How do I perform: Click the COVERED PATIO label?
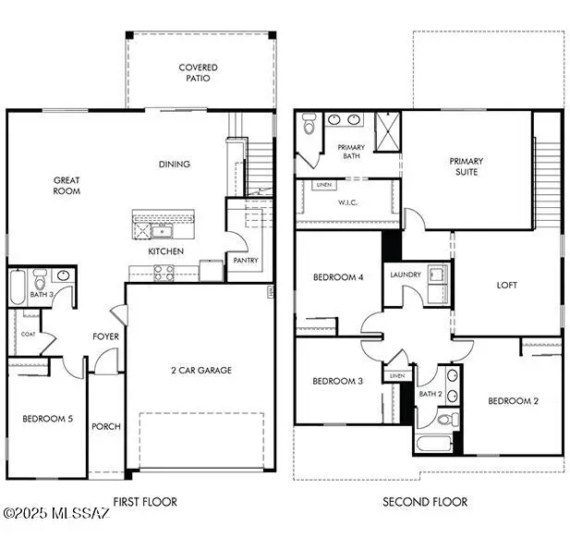[199, 73]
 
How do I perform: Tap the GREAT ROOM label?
[67, 186]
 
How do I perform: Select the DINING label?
[174, 165]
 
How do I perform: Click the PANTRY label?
[246, 261]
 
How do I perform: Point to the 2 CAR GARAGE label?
[200, 370]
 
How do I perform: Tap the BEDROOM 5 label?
[47, 419]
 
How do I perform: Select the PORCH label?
[106, 426]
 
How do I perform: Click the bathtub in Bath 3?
[18, 287]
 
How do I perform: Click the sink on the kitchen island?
[163, 228]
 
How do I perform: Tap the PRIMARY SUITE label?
[467, 166]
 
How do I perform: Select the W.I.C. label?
[348, 202]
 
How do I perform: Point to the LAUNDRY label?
[406, 275]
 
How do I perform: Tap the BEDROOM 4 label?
[337, 277]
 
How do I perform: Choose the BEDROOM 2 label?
[513, 400]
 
